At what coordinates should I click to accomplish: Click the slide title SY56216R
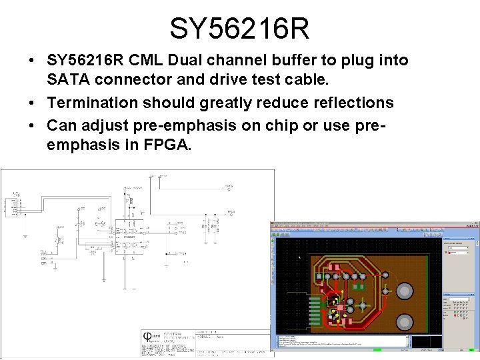(x=239, y=29)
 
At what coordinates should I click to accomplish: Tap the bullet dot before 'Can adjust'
(x=32, y=125)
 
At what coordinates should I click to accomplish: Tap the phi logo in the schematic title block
(x=148, y=337)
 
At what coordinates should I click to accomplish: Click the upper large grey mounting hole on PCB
(x=405, y=291)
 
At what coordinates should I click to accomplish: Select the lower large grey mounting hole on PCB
(x=405, y=322)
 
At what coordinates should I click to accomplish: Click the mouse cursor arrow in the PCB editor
(x=299, y=257)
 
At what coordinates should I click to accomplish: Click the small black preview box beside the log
(x=426, y=341)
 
